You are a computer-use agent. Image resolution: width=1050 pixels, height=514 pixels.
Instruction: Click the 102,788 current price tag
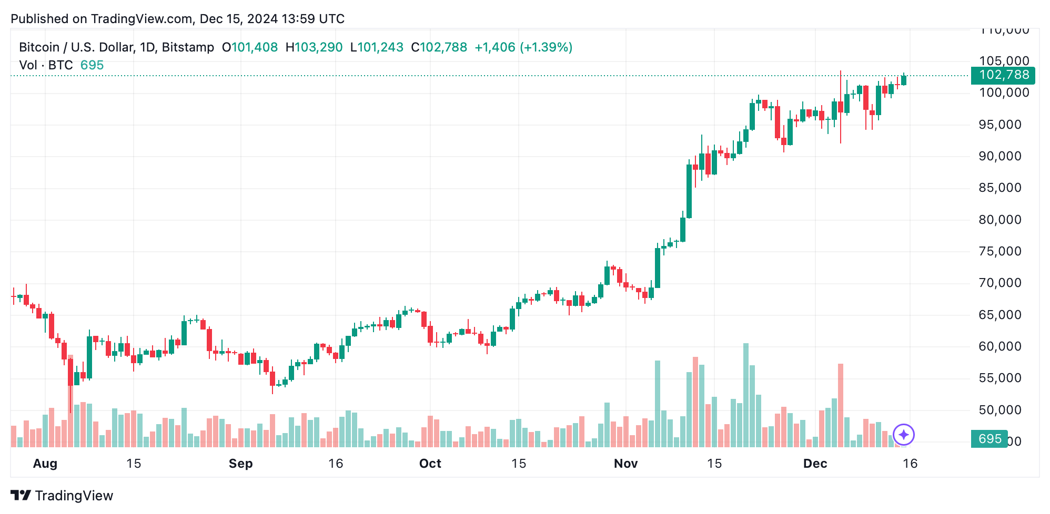(x=1003, y=75)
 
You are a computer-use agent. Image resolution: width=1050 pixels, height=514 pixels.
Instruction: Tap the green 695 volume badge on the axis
(x=989, y=439)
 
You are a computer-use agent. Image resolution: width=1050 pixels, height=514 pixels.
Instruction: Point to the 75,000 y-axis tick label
(x=999, y=251)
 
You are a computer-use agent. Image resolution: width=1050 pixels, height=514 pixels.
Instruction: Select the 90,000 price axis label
(x=999, y=156)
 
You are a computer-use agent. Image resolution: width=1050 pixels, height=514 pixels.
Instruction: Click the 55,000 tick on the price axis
(x=999, y=378)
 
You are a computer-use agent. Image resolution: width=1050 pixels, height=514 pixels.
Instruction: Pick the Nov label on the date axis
(x=625, y=464)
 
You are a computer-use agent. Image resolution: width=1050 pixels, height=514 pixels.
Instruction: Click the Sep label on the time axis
(x=240, y=464)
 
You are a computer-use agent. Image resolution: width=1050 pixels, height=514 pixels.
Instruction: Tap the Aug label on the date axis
(x=45, y=464)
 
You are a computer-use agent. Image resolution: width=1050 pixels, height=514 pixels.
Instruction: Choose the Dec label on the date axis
(x=815, y=464)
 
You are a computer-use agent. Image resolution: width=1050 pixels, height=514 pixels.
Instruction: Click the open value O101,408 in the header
(x=250, y=47)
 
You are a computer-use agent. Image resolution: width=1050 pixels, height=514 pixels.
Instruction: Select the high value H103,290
(x=314, y=47)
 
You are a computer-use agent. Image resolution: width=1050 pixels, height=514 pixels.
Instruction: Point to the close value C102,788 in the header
(x=439, y=47)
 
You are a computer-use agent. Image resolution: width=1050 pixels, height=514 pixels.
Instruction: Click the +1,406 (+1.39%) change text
(x=523, y=47)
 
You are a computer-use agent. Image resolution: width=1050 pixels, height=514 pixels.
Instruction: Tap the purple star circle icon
(x=904, y=435)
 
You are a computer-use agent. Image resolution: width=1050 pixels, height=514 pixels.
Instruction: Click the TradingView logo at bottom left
(x=62, y=496)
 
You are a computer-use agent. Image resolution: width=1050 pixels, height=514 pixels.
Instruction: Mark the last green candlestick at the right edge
(x=904, y=80)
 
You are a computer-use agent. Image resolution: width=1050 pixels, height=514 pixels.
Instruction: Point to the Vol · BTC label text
(x=46, y=65)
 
